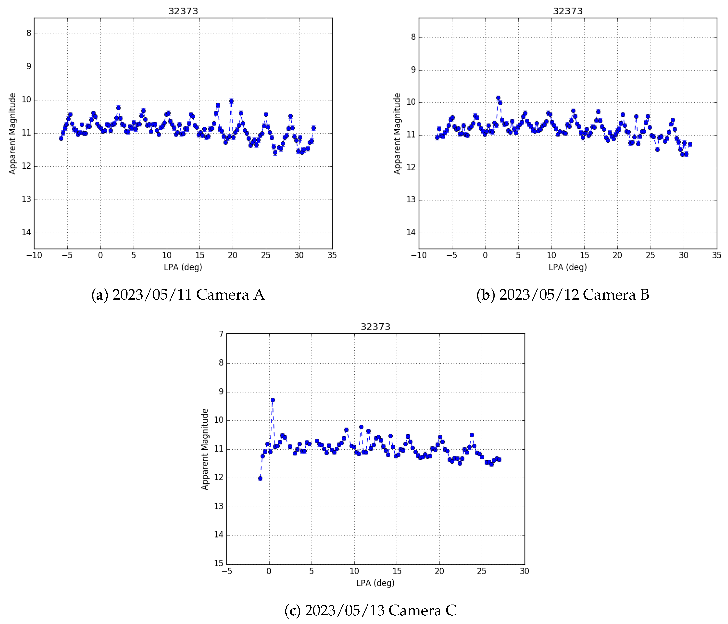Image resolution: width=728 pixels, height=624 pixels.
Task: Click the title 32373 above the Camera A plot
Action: (x=183, y=11)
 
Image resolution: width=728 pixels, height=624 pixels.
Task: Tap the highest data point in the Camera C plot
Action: (x=273, y=400)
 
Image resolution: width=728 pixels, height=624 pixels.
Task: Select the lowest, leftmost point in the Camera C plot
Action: (x=260, y=478)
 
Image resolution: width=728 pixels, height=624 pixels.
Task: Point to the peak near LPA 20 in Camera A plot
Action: (x=231, y=101)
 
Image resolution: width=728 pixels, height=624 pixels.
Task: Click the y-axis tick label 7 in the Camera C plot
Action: (x=221, y=334)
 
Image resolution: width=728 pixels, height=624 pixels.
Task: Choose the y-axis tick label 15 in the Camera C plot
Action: (x=219, y=563)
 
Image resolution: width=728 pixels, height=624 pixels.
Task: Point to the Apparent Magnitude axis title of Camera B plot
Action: (x=397, y=133)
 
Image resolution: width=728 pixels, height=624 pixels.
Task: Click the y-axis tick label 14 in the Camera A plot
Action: (x=26, y=232)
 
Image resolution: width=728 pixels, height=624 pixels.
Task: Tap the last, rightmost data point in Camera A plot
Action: (x=313, y=128)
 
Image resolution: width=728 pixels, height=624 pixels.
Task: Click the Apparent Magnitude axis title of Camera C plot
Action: (x=205, y=449)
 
